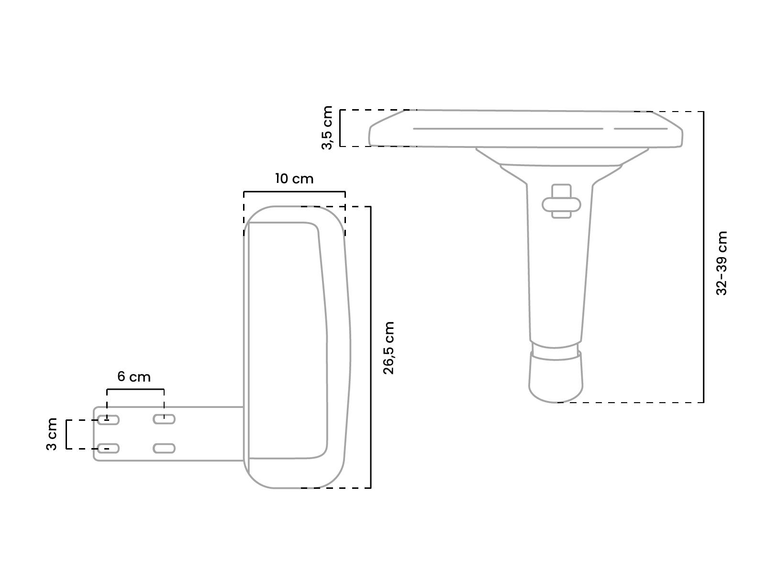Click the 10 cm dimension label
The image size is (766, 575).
[x=294, y=179]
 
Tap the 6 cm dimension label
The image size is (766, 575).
[x=134, y=377]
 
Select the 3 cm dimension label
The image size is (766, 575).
[x=52, y=434]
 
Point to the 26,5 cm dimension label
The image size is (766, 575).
[x=389, y=348]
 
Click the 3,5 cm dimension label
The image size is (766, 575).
[x=327, y=128]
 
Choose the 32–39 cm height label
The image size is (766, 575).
[x=722, y=263]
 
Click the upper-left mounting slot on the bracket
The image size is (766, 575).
[x=108, y=420]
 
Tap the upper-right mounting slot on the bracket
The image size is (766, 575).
[x=164, y=419]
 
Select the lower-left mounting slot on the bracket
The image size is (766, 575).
[x=108, y=448]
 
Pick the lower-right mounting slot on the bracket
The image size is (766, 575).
[x=164, y=448]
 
